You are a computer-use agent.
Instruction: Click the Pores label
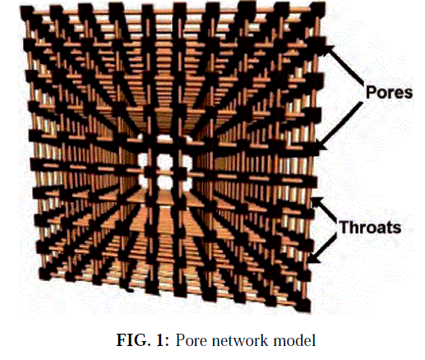click(389, 92)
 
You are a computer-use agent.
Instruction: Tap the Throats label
click(370, 228)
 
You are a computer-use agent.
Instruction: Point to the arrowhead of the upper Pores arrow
click(329, 48)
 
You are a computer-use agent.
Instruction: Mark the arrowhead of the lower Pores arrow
click(321, 145)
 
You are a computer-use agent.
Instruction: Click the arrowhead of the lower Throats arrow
click(314, 258)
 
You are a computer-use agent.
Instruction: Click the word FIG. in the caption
click(134, 340)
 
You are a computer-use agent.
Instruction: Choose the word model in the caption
click(295, 340)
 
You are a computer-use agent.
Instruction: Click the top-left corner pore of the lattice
click(26, 11)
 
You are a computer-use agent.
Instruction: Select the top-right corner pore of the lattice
click(318, 8)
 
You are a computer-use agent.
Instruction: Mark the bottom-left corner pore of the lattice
click(44, 274)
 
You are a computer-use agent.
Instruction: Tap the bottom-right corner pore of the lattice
click(303, 306)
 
